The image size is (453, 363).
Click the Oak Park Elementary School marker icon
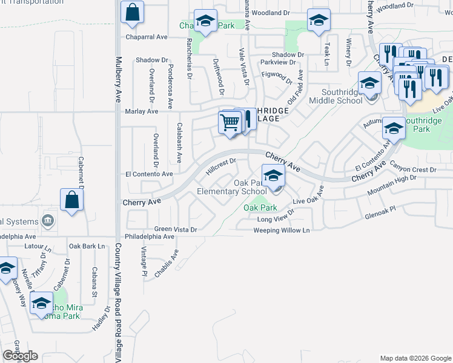(274, 177)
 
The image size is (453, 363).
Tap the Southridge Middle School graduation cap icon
(369, 83)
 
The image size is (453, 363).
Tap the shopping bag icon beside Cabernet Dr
(71, 200)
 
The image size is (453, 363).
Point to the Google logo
(20, 355)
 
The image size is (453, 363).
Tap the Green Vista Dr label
(176, 229)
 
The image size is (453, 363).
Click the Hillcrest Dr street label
(220, 165)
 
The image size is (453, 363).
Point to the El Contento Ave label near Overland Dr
(149, 174)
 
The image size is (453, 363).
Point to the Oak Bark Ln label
(87, 246)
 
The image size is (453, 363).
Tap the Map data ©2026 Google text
(415, 358)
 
